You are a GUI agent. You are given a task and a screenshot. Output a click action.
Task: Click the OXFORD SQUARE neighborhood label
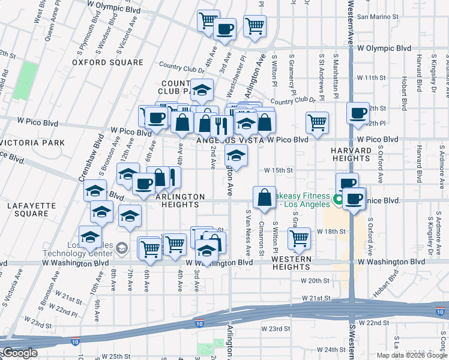click(x=108, y=62)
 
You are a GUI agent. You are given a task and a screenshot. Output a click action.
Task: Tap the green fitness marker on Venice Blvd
click(x=337, y=199)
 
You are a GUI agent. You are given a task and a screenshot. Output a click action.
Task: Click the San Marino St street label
click(x=378, y=17)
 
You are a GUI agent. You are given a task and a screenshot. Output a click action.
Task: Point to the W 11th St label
click(x=370, y=78)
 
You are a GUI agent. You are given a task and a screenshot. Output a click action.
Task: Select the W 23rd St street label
click(x=276, y=329)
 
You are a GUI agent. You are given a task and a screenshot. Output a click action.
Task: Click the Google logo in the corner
click(x=20, y=353)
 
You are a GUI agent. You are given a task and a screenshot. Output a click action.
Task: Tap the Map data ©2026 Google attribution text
click(x=411, y=355)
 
